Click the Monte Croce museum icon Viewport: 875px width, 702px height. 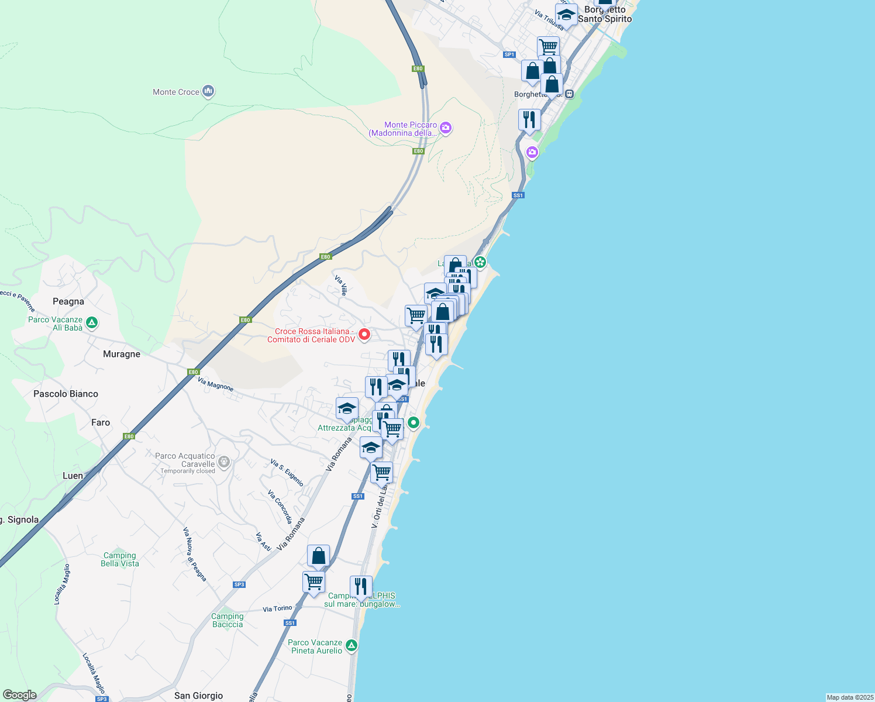tap(208, 91)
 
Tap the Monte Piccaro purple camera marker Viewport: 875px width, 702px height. tap(446, 128)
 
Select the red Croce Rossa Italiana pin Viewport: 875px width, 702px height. tap(364, 335)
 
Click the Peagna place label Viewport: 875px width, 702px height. tap(68, 302)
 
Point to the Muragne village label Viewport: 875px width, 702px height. tap(122, 355)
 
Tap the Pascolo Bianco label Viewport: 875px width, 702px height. tap(66, 394)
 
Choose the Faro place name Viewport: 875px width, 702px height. tap(101, 422)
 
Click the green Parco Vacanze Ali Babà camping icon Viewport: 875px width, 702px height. tap(92, 322)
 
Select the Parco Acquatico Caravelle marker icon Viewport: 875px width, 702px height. tap(223, 463)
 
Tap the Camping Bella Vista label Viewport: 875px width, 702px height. tap(120, 560)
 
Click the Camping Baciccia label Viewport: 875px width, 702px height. tap(228, 621)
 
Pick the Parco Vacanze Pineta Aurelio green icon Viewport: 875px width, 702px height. tap(351, 646)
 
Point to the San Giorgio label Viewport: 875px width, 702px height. tap(198, 696)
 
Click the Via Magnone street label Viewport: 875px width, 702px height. tap(216, 384)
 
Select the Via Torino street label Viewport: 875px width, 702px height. tap(277, 609)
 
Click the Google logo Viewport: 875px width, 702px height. tap(20, 695)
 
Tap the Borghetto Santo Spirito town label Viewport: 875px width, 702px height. tap(605, 15)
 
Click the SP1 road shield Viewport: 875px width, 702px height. tap(509, 54)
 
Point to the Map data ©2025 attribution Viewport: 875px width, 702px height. tap(849, 697)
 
